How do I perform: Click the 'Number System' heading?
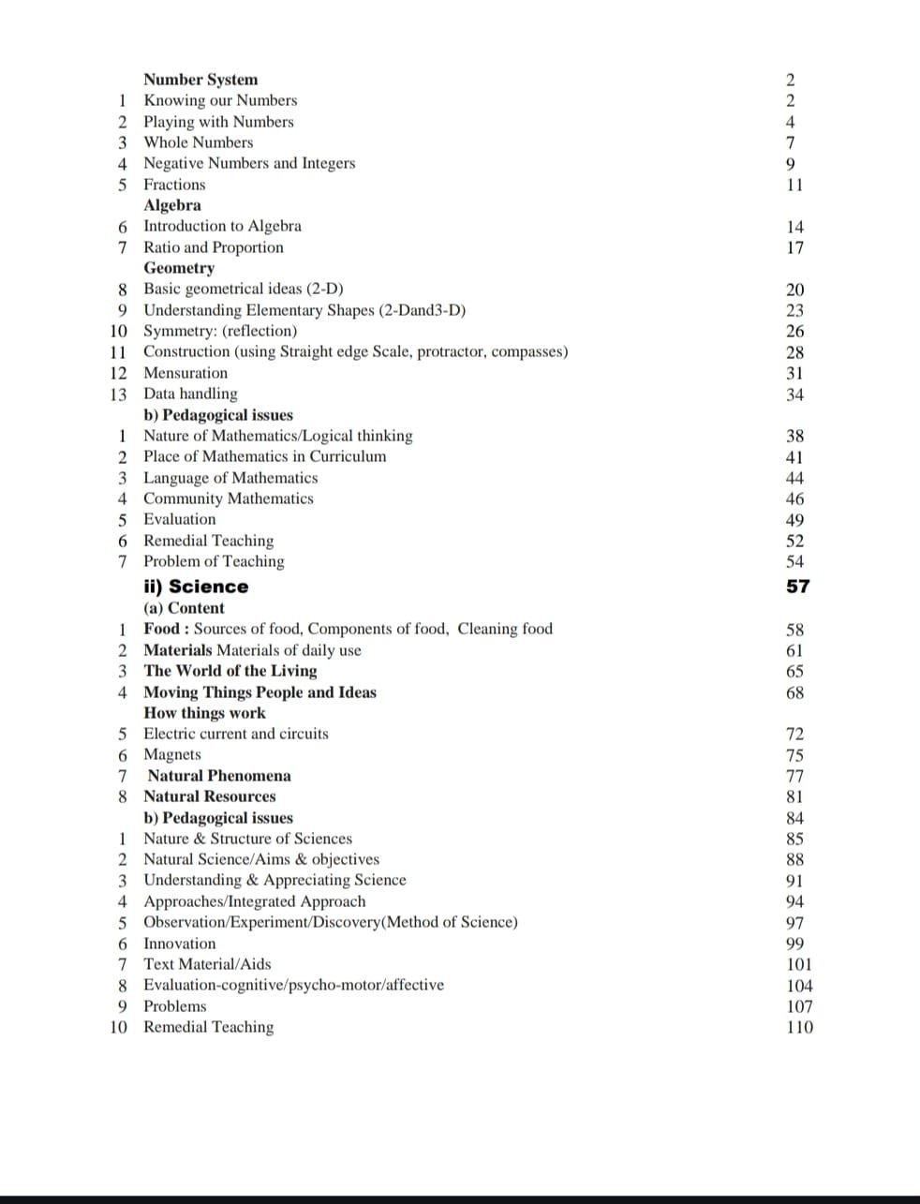[x=200, y=80]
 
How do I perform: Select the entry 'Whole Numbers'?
[x=198, y=142]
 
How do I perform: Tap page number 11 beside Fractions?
[x=794, y=185]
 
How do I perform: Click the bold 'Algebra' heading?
[x=171, y=205]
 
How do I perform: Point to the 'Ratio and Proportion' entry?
[x=213, y=247]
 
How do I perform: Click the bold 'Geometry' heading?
[x=178, y=268]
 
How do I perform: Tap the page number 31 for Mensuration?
[x=794, y=373]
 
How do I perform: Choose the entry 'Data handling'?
[x=190, y=394]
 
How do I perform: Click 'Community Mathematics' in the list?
[x=228, y=498]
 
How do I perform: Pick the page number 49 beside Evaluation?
[x=794, y=520]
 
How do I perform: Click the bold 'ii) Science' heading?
[x=196, y=587]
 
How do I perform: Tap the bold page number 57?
[x=797, y=587]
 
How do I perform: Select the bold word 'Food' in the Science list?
[x=161, y=629]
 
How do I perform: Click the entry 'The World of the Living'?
[x=230, y=671]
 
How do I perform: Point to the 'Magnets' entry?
[x=171, y=754]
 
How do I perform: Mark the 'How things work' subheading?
[x=204, y=713]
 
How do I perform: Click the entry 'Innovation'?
[x=179, y=944]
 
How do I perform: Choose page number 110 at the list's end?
[x=799, y=1027]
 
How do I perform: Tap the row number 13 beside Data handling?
[x=118, y=394]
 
